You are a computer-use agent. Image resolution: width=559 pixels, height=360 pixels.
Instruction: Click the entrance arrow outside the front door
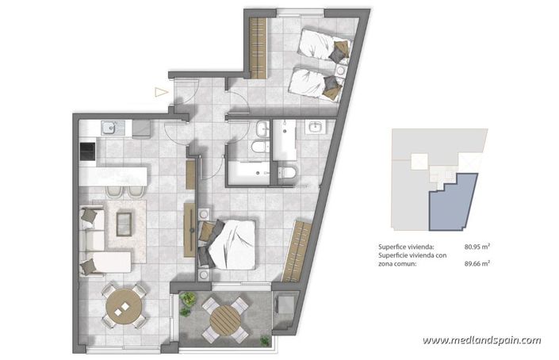click(162, 92)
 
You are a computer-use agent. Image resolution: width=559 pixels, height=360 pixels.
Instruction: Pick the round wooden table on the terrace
click(224, 319)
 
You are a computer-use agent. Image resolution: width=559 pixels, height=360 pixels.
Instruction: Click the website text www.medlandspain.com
click(481, 340)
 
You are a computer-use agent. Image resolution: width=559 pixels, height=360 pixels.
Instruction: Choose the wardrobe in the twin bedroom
click(256, 47)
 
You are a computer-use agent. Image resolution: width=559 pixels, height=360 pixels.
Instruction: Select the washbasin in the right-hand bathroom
click(316, 127)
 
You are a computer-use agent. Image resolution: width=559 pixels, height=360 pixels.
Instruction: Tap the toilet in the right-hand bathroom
click(287, 171)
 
